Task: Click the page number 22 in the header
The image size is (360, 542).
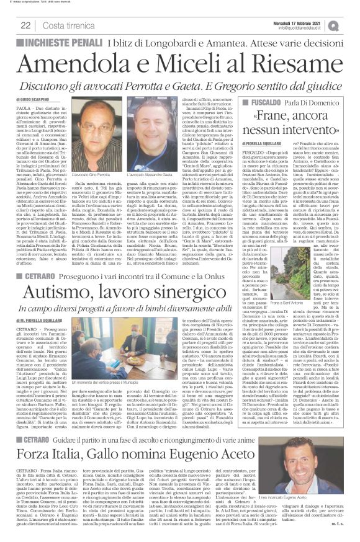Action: [25, 25]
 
